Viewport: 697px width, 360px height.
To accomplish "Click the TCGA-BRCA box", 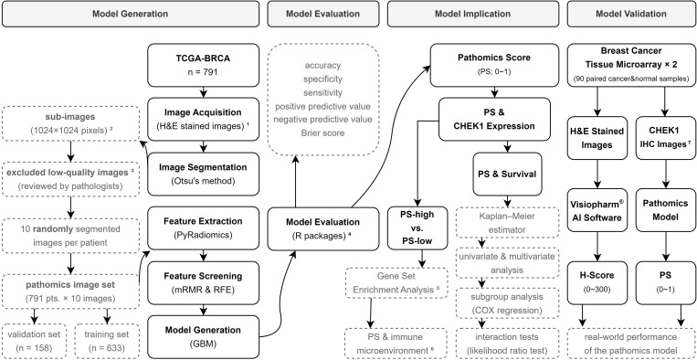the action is pos(203,65).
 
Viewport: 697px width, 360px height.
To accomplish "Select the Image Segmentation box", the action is pos(203,174).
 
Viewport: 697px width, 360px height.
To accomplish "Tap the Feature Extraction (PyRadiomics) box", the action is pos(203,228).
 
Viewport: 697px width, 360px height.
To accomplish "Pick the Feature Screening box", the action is pos(203,282).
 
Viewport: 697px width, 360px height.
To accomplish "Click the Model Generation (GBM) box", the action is pos(203,336).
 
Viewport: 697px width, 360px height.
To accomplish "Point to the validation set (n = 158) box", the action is pos(35,341).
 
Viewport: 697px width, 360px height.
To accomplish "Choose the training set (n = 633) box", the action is pos(107,341).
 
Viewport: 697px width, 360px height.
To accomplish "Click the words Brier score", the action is pos(322,132).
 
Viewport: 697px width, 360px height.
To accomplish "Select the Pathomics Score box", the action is pos(494,65).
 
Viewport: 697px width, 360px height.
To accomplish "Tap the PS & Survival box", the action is pos(507,175).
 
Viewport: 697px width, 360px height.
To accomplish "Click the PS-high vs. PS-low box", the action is pos(417,228).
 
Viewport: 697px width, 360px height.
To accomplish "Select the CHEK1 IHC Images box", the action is pos(665,138).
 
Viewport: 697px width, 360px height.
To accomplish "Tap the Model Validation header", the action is pos(630,14).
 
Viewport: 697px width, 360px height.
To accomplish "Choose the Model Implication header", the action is pos(473,14).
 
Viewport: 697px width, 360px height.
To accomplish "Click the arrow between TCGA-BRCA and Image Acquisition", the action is pos(203,92).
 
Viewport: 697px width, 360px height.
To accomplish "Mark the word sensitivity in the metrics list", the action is pos(322,92).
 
